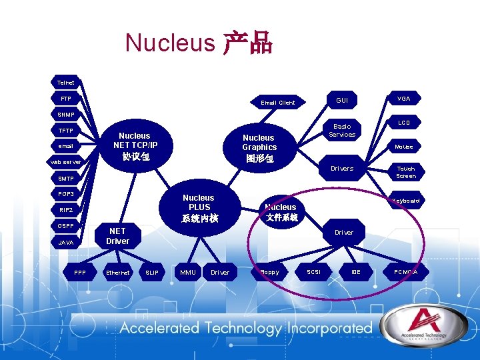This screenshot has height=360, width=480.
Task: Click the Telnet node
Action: pyautogui.click(x=65, y=83)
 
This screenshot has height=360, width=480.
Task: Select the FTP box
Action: pyautogui.click(x=65, y=99)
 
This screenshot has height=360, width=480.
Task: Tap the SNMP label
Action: pyautogui.click(x=65, y=115)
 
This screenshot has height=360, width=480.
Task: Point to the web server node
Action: pyautogui.click(x=65, y=162)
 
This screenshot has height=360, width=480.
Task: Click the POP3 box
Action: pyautogui.click(x=65, y=194)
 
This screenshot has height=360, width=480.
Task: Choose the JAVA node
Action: pyautogui.click(x=65, y=243)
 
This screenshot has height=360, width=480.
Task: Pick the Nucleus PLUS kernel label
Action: pyautogui.click(x=199, y=207)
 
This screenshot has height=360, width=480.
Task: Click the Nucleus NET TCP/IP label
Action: pyautogui.click(x=135, y=145)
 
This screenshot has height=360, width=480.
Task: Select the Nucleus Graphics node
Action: pyautogui.click(x=259, y=147)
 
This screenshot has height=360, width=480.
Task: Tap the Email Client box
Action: pyautogui.click(x=278, y=103)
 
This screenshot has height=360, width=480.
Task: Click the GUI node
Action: pyautogui.click(x=342, y=100)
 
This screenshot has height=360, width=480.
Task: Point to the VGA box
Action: pyautogui.click(x=404, y=98)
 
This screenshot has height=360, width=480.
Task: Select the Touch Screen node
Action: pyautogui.click(x=405, y=172)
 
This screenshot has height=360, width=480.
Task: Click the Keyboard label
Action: pyautogui.click(x=405, y=200)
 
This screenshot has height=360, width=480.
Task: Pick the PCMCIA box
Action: pyautogui.click(x=405, y=272)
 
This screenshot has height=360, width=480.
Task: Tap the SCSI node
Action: pyautogui.click(x=313, y=272)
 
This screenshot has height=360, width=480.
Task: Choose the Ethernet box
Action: pyautogui.click(x=118, y=272)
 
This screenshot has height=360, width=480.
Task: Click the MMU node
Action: pyautogui.click(x=188, y=272)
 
